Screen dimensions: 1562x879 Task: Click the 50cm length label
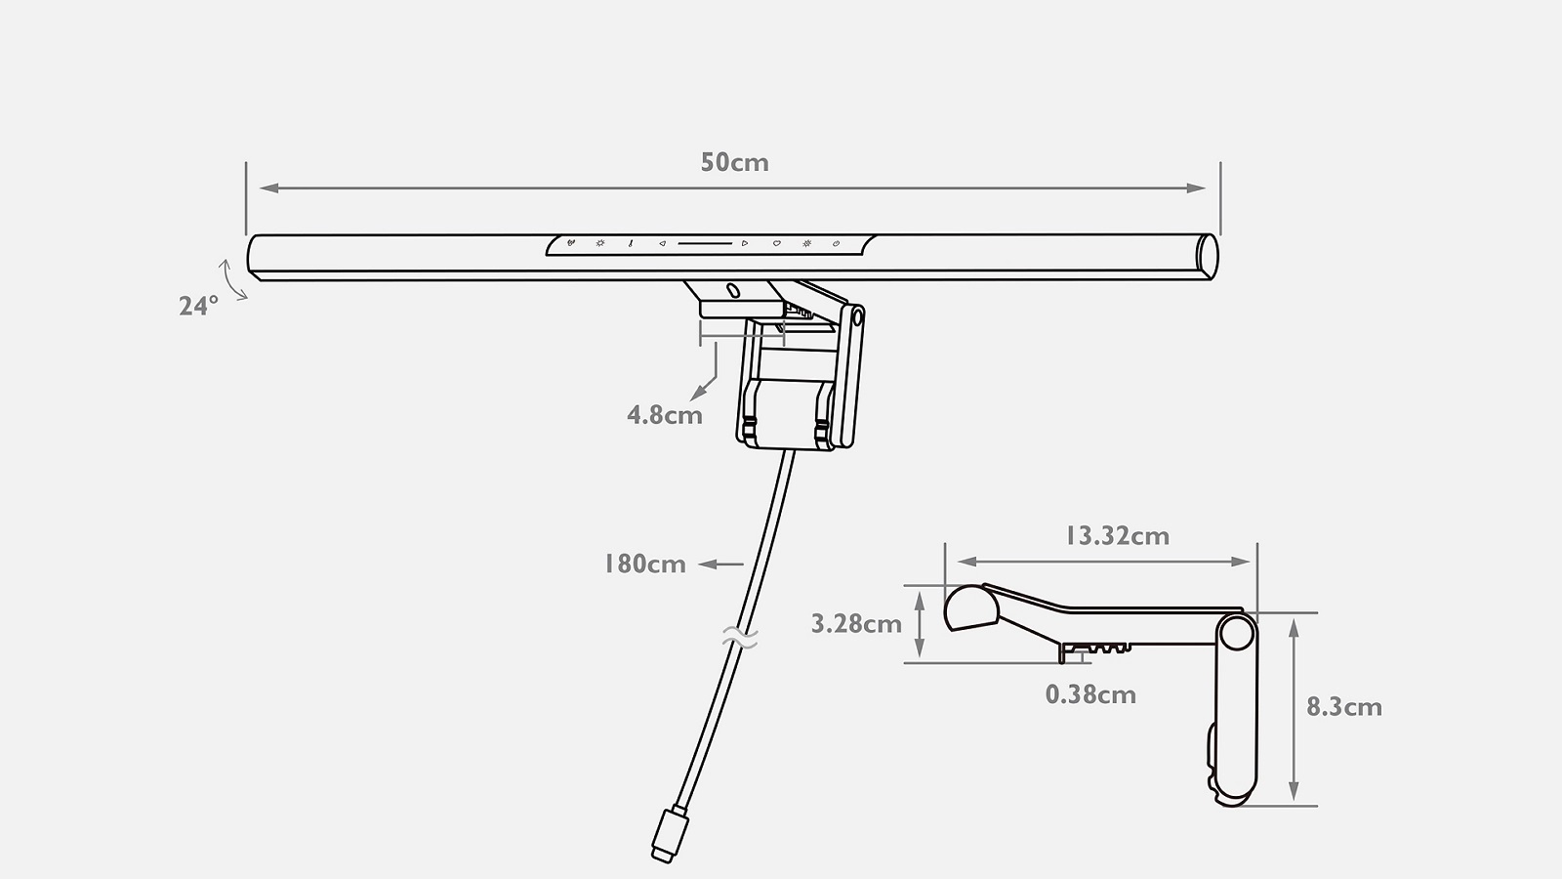pos(734,162)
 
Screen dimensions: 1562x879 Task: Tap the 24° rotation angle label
pos(199,307)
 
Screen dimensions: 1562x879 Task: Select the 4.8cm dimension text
pos(665,416)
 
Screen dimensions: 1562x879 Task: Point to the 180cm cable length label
pos(645,565)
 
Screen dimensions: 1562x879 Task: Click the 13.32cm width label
pos(1117,536)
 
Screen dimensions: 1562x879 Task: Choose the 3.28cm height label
pos(856,624)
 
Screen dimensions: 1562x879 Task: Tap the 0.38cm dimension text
pos(1090,694)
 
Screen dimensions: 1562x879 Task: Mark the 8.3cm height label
pos(1343,707)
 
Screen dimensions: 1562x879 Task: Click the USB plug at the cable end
pos(670,834)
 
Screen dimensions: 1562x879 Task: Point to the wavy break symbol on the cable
pos(740,638)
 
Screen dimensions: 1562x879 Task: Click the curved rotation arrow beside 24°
pos(230,279)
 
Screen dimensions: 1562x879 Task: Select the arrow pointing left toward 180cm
pos(721,565)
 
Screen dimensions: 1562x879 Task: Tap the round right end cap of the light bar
pos(1208,257)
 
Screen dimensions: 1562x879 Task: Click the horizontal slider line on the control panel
pos(705,243)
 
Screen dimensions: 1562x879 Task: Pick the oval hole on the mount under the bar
pos(733,290)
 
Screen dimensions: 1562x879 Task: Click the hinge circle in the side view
pos(1236,633)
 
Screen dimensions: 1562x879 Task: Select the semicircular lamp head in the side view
pos(970,607)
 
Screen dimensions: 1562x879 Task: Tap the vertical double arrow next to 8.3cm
pos(1295,709)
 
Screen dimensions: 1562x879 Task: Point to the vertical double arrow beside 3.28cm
pos(920,624)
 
